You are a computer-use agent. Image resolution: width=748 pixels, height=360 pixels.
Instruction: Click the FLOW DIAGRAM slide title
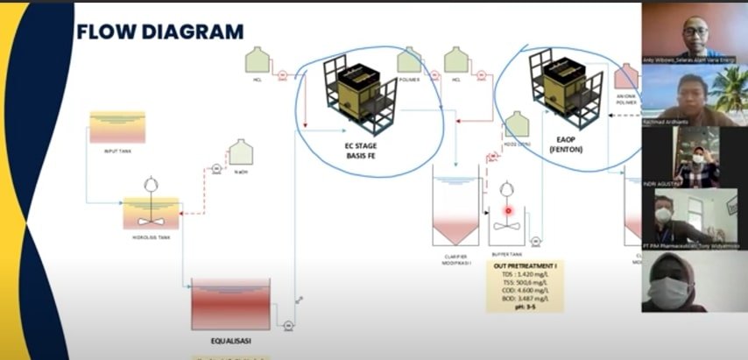pos(160,32)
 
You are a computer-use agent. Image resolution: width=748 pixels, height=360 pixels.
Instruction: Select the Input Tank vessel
pos(117,128)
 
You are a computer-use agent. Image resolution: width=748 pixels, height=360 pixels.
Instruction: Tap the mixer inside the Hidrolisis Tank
pos(151,208)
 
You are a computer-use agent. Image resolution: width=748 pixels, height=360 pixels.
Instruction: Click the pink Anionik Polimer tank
pos(627,77)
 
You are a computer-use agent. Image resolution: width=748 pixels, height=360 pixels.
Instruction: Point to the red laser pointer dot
pos(507,209)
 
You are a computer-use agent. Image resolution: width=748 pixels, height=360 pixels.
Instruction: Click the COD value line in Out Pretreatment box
pos(523,291)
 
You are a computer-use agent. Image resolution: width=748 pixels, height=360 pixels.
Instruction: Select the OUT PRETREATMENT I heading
pos(524,265)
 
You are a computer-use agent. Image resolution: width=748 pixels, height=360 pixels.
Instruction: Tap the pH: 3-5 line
pos(524,307)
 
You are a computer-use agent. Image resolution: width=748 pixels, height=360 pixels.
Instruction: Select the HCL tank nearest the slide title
pos(257,60)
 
